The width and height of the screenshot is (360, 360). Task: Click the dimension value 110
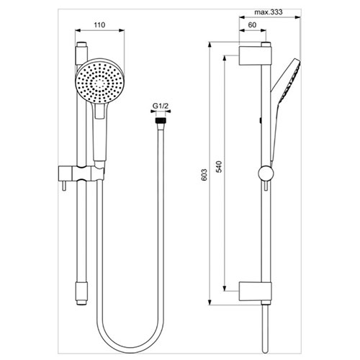pos(99,25)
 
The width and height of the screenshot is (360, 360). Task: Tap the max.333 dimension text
pos(269,12)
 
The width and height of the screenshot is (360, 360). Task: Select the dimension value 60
pos(252,25)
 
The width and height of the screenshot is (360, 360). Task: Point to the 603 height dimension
pos(204,175)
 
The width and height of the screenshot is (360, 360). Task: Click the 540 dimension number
pos(219,166)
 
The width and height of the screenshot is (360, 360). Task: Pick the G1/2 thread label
pos(161,106)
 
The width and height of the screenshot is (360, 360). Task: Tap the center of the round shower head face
pos(99,82)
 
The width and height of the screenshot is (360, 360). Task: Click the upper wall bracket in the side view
pos(255,56)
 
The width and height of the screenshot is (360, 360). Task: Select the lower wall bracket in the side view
pos(255,292)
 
